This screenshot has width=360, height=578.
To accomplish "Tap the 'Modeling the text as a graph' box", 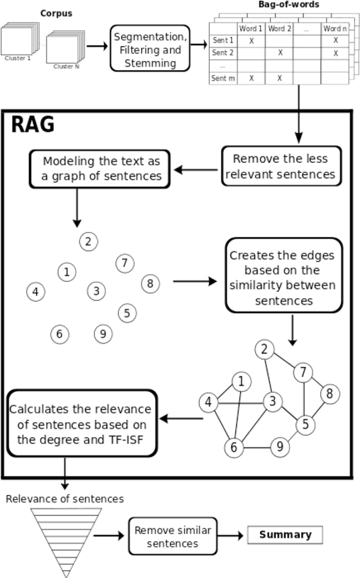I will (x=100, y=169).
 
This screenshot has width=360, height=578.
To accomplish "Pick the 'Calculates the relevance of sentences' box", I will (x=81, y=422).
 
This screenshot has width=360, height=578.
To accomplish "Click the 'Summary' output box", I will (x=285, y=535).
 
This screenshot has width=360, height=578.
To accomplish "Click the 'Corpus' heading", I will (x=56, y=13).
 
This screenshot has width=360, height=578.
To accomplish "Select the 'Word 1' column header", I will (x=251, y=28).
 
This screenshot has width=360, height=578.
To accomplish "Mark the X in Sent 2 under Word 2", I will (x=279, y=53).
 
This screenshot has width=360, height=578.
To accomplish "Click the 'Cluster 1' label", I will (x=17, y=59).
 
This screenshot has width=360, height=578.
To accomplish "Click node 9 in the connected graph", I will (x=281, y=446).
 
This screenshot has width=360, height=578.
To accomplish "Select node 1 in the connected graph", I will (x=242, y=382).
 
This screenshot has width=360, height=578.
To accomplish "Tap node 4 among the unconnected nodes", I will (x=35, y=291).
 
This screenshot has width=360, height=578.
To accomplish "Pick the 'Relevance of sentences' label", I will (x=64, y=499).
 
